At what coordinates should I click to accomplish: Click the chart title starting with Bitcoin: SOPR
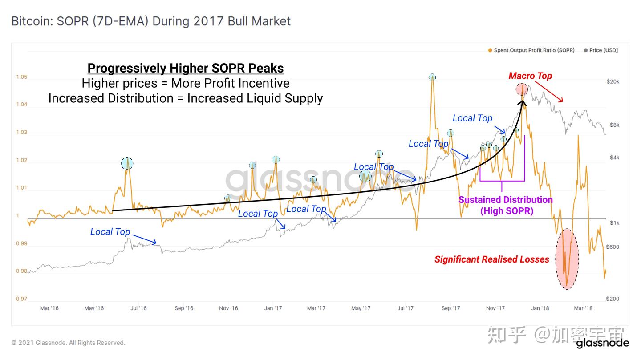tap(151, 21)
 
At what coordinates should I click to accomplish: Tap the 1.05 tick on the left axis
tap(21, 77)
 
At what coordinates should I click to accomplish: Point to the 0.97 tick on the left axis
tap(21, 299)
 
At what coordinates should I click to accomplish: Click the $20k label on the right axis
tap(613, 81)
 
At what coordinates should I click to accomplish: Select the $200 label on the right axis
tap(613, 299)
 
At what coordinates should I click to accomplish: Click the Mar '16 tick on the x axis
tap(49, 308)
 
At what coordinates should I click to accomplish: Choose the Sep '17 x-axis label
tap(450, 308)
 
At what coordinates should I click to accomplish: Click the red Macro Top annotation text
tap(530, 76)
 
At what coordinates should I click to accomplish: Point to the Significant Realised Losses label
tap(492, 259)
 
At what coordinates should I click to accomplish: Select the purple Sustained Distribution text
tap(506, 200)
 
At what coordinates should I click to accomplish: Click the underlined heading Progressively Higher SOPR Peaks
tap(186, 68)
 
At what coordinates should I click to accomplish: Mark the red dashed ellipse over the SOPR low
tap(567, 259)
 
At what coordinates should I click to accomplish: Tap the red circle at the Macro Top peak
tap(522, 89)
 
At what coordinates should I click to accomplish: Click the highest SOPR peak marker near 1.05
tap(432, 77)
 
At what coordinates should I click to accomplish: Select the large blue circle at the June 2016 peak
tap(127, 163)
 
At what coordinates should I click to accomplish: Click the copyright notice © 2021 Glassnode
tap(68, 343)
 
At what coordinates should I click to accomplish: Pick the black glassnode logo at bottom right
tap(602, 343)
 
